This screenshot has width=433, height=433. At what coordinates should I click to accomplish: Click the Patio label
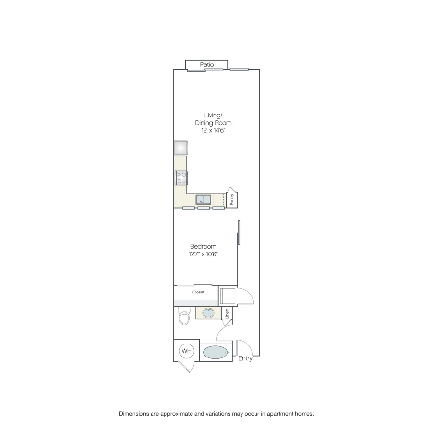pyautogui.click(x=207, y=64)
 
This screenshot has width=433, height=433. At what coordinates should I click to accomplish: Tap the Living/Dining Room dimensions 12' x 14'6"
pyautogui.click(x=214, y=130)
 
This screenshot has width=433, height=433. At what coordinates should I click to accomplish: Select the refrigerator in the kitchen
pyautogui.click(x=180, y=148)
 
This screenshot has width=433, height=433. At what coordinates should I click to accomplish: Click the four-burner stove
pyautogui.click(x=181, y=178)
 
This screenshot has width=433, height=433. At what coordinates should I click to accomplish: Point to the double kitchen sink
pyautogui.click(x=204, y=200)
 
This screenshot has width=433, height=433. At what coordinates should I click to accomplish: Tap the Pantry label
pyautogui.click(x=232, y=199)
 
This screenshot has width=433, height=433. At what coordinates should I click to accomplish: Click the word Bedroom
pyautogui.click(x=203, y=246)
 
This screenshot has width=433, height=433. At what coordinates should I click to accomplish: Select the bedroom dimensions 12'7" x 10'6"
pyautogui.click(x=203, y=254)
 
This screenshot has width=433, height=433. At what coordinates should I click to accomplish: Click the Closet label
pyautogui.click(x=198, y=292)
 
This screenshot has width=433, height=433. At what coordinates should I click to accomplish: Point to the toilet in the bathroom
pyautogui.click(x=184, y=316)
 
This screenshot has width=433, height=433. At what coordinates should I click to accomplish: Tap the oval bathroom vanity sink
pyautogui.click(x=208, y=313)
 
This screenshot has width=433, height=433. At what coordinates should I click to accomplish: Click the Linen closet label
pyautogui.click(x=227, y=314)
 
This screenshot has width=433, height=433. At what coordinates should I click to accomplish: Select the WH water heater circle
pyautogui.click(x=187, y=351)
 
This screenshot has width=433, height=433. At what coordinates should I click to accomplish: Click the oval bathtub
pyautogui.click(x=216, y=352)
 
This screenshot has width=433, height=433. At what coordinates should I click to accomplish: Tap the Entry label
pyautogui.click(x=245, y=358)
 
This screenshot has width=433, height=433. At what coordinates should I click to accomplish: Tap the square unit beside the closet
pyautogui.click(x=227, y=296)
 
